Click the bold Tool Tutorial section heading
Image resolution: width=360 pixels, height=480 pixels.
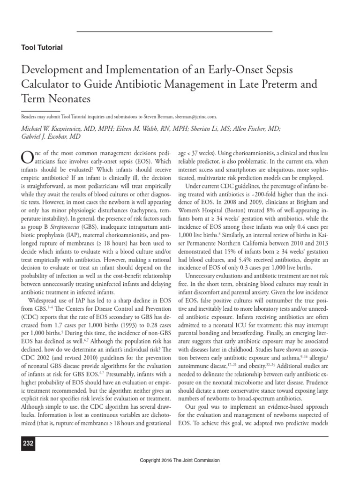(x=42, y=47)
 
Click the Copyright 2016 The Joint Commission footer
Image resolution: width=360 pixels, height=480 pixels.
(x=180, y=461)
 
